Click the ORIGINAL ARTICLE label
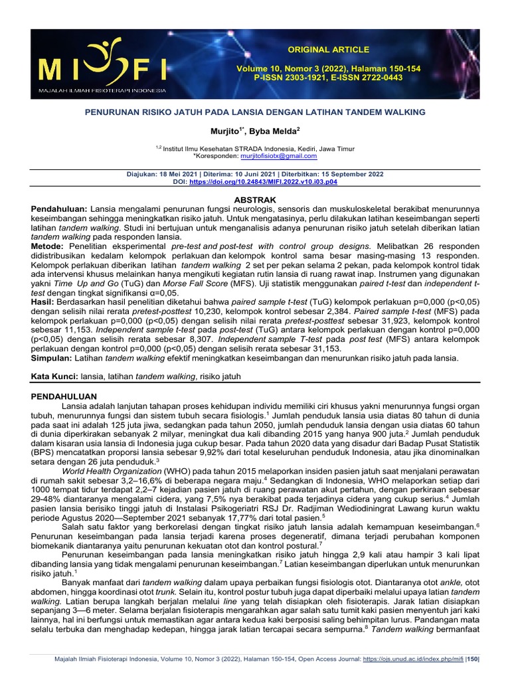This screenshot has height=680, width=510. (318, 50)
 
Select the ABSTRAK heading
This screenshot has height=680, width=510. (255, 199)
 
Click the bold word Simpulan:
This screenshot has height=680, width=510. (52, 358)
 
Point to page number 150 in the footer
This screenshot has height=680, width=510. (472, 659)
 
